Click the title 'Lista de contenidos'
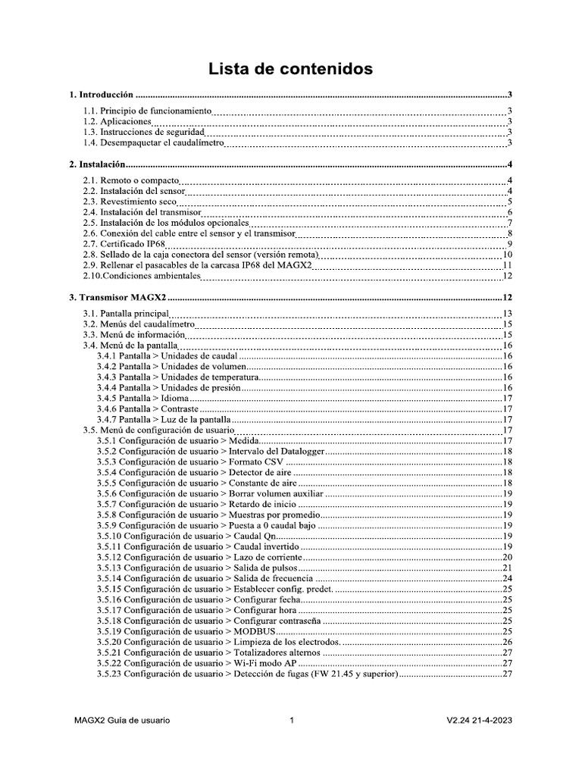point(291,69)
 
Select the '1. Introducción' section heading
point(101,95)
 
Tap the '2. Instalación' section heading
point(96,164)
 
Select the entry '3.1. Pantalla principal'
point(125,314)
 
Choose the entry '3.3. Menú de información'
point(133,334)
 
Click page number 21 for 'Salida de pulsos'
point(508,568)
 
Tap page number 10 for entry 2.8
point(508,255)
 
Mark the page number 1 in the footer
point(291,720)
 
